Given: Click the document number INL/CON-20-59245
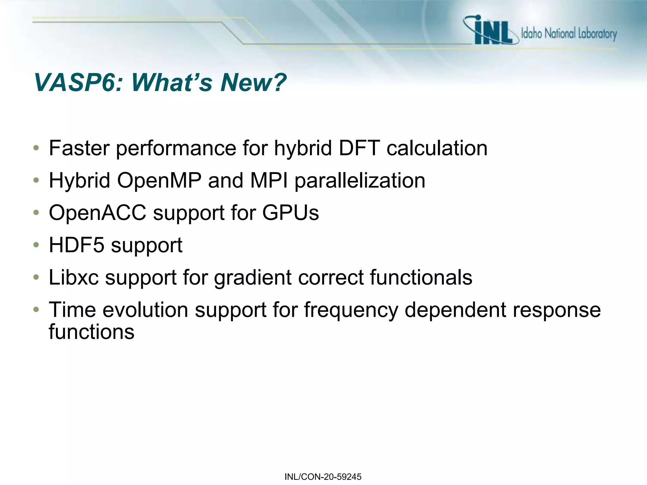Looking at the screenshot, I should [323, 477].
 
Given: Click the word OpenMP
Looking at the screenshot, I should [159, 181].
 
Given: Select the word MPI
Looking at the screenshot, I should [269, 181].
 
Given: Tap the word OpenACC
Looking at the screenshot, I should [98, 213].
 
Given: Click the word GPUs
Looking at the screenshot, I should [290, 213].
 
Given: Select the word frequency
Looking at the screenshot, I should [351, 310].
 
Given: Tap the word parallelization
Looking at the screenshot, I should [360, 181].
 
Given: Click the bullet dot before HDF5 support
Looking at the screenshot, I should [36, 245].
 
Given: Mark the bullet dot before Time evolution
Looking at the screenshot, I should [36, 309].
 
